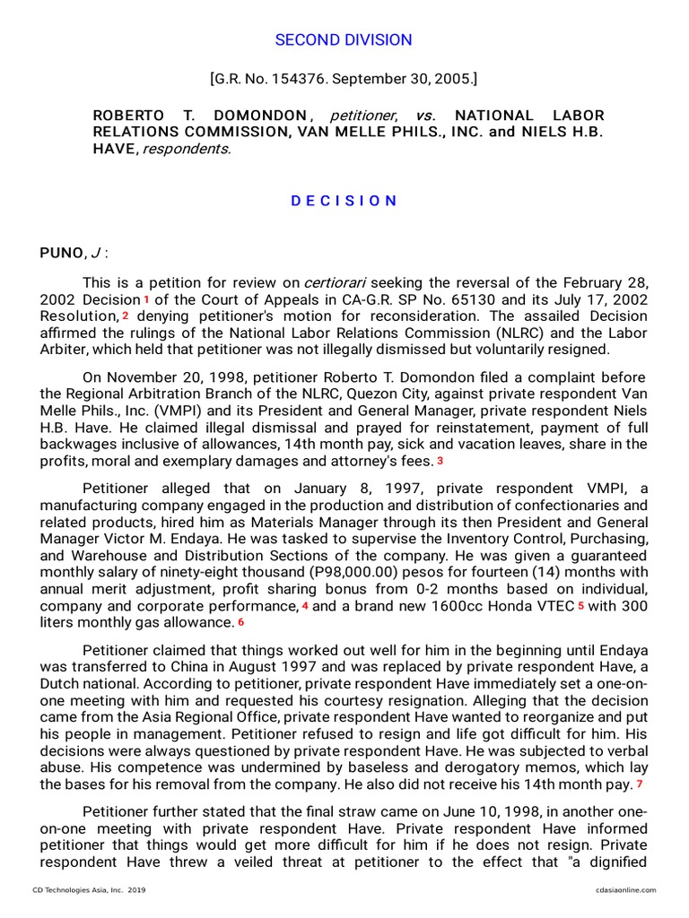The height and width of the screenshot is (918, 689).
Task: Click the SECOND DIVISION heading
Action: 344,40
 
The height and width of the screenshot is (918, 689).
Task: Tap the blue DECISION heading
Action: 344,201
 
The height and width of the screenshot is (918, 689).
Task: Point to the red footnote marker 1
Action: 145,298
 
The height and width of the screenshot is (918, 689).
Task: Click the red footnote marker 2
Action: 126,316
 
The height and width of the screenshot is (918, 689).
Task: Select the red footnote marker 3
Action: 440,461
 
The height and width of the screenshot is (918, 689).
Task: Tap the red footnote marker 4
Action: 305,606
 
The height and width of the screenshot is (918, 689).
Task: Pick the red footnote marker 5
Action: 580,606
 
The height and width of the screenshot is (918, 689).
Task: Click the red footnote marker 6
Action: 240,622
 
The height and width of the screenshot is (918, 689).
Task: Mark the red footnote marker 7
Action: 640,784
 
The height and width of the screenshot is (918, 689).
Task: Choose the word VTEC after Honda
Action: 554,606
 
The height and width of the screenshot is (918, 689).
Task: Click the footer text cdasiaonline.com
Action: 624,889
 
